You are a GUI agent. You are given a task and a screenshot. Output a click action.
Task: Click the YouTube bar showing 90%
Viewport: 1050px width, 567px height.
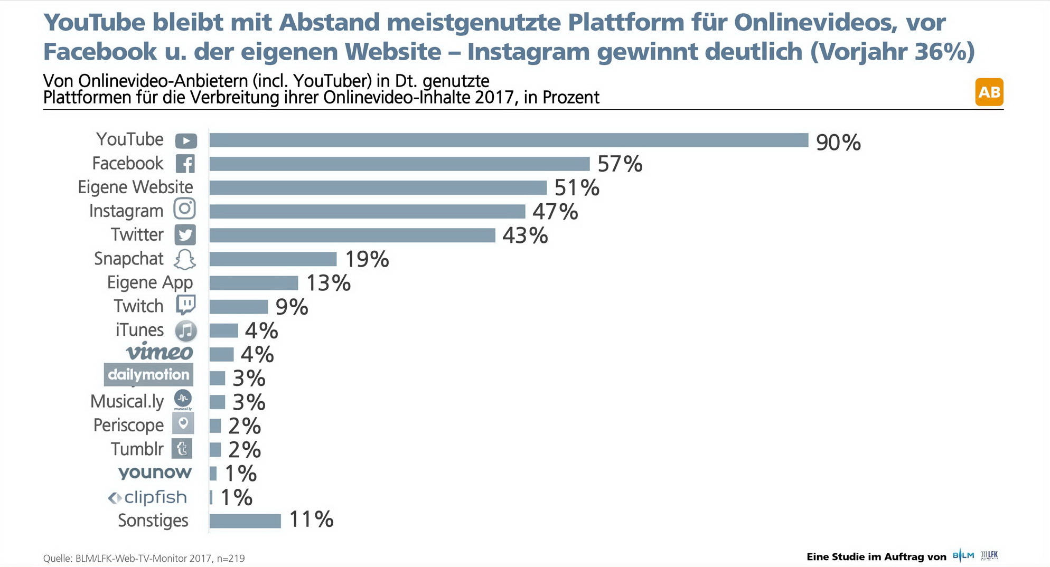pyautogui.click(x=509, y=140)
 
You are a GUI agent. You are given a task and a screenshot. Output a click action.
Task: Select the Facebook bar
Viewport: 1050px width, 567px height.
pyautogui.click(x=399, y=164)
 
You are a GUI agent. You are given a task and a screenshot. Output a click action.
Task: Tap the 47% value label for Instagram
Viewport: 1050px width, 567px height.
pyautogui.click(x=555, y=212)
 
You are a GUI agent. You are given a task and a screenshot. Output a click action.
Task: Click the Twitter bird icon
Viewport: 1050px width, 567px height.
pyautogui.click(x=185, y=235)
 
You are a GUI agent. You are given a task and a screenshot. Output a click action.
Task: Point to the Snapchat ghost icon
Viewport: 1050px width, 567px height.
pyautogui.click(x=185, y=259)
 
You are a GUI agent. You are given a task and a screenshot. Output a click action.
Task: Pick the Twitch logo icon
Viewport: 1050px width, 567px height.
pyautogui.click(x=185, y=305)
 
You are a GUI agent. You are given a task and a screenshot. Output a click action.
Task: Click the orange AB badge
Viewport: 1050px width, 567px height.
pyautogui.click(x=989, y=92)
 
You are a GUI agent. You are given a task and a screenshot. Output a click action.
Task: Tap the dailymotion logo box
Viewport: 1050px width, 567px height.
pyautogui.click(x=148, y=375)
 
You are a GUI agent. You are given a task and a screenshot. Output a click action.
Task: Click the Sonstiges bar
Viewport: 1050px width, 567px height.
pyautogui.click(x=245, y=521)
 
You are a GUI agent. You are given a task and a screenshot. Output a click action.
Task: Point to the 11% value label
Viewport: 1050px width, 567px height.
pyautogui.click(x=311, y=519)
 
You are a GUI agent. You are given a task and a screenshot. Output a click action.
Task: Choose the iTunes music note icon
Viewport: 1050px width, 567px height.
pyautogui.click(x=185, y=330)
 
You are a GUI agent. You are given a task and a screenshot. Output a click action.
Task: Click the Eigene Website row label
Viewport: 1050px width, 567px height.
pyautogui.click(x=135, y=187)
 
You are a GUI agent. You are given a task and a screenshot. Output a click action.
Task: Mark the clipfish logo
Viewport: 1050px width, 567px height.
pyautogui.click(x=148, y=497)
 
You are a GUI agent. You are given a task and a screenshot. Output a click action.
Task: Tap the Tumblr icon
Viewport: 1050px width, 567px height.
pyautogui.click(x=182, y=449)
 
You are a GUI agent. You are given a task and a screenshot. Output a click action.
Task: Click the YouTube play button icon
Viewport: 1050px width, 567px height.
pyautogui.click(x=186, y=141)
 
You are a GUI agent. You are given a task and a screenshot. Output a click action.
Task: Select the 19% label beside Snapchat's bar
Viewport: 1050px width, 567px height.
pyautogui.click(x=367, y=259)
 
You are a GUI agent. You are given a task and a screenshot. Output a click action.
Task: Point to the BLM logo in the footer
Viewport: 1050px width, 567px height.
pyautogui.click(x=963, y=555)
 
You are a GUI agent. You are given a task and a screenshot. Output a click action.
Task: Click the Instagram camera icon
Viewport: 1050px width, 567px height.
pyautogui.click(x=185, y=209)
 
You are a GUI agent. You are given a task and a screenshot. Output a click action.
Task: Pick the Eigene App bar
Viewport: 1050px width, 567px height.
pyautogui.click(x=254, y=283)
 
